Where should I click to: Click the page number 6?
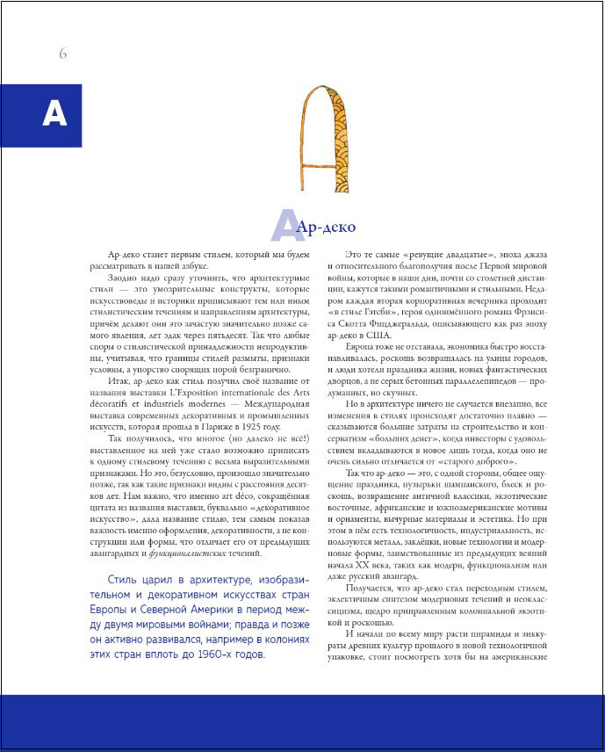(x=63, y=54)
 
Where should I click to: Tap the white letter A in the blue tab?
(x=54, y=114)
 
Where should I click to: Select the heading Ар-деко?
(x=327, y=228)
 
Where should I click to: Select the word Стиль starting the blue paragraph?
(x=122, y=581)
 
